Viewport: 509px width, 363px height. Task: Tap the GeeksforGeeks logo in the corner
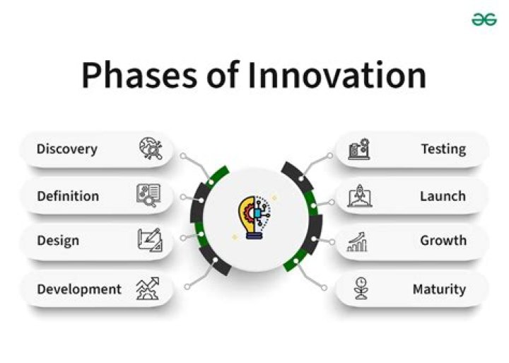tap(484, 20)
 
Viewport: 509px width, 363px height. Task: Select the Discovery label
tap(67, 149)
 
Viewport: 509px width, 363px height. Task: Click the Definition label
tap(68, 196)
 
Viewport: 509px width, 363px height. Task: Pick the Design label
tap(58, 241)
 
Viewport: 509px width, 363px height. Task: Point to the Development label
tap(79, 289)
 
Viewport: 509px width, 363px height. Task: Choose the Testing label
tap(443, 149)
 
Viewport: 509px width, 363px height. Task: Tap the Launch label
tap(443, 196)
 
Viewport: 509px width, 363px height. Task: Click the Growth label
tap(443, 241)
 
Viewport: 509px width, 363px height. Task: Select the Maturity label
tap(439, 289)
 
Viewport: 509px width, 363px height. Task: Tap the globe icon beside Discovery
tap(150, 149)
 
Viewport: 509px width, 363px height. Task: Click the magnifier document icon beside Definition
tap(148, 195)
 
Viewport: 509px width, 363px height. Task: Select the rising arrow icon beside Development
tap(148, 289)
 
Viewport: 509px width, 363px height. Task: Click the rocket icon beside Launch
tap(359, 196)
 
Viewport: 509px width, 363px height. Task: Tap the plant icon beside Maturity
tap(361, 289)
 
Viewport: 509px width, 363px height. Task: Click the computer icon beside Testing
tap(359, 149)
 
